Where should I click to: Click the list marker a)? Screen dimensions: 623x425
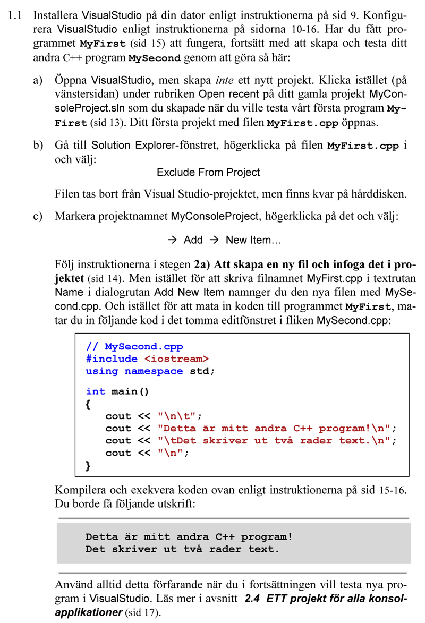click(38, 81)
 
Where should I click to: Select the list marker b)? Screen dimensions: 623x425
click(38, 146)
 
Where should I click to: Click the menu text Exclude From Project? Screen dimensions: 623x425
click(208, 173)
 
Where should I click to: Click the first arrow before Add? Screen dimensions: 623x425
click(172, 240)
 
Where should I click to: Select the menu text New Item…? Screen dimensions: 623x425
click(253, 240)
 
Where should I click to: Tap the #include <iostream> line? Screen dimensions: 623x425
click(147, 359)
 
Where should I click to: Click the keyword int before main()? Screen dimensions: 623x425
click(95, 391)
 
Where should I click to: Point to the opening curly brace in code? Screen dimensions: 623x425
click(88, 404)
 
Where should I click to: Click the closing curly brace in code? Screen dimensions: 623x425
click(88, 465)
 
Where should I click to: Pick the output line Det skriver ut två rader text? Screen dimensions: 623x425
click(182, 549)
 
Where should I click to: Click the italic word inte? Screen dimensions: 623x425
click(225, 81)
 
